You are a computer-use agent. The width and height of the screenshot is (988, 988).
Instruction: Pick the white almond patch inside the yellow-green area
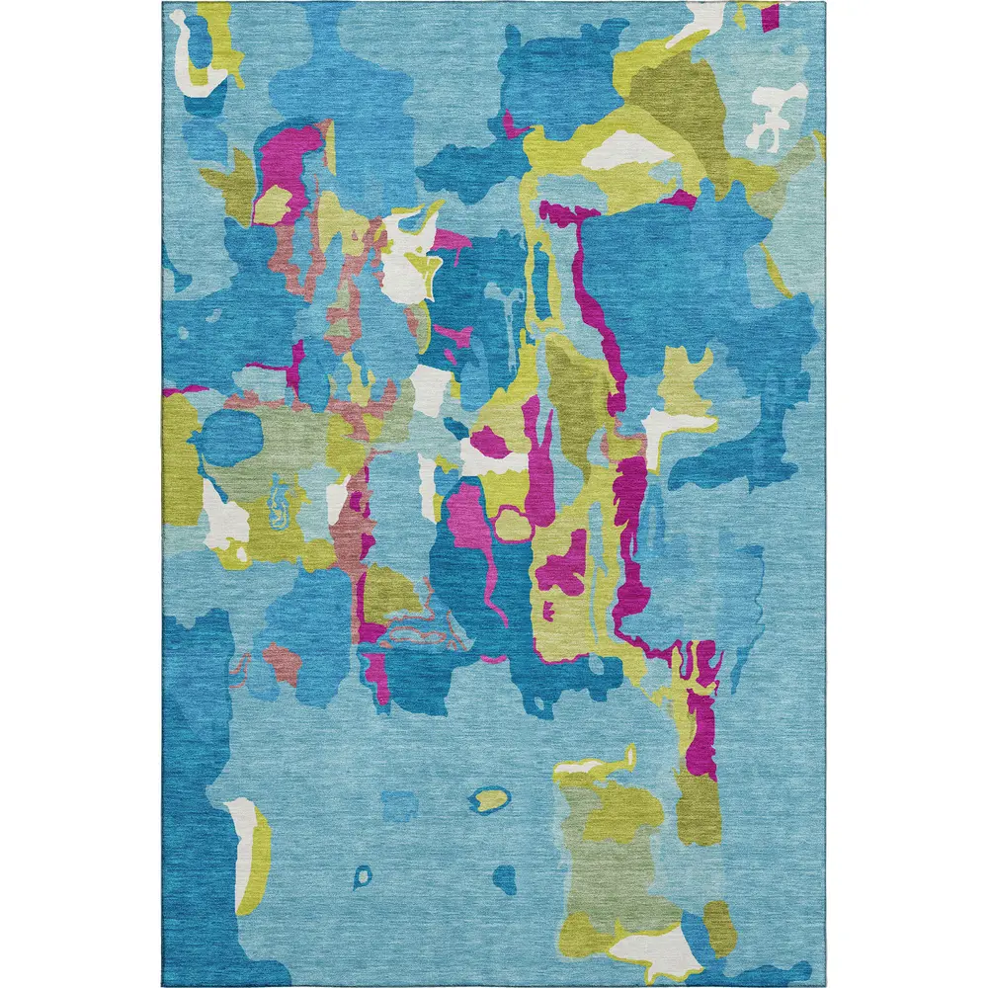(x=620, y=148)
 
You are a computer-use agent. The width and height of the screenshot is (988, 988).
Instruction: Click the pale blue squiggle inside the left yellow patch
(x=280, y=504)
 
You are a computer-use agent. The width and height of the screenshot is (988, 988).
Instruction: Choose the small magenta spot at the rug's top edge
(x=769, y=14)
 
